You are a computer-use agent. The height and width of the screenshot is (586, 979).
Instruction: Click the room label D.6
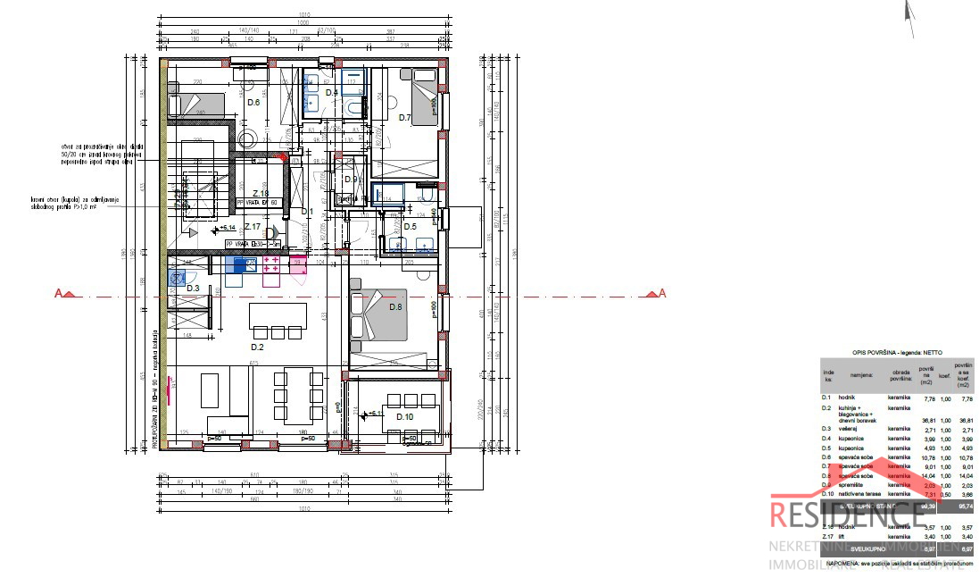[x=253, y=103]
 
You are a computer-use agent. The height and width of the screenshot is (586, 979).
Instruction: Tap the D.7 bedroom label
[x=404, y=117]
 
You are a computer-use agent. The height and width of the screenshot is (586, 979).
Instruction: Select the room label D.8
[x=396, y=307]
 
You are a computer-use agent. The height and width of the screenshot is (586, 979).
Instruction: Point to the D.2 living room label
[x=257, y=347]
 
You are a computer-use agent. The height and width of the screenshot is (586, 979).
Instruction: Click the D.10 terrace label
[x=404, y=417]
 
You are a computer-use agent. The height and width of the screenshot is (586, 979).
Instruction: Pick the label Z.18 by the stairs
[x=261, y=194]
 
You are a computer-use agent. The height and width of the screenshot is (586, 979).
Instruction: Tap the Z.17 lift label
[x=253, y=227]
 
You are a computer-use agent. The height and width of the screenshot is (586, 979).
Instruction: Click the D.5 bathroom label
[x=410, y=226]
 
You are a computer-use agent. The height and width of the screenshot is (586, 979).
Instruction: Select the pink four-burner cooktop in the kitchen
[x=274, y=264]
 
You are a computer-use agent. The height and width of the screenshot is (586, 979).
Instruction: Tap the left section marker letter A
[x=60, y=293]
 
